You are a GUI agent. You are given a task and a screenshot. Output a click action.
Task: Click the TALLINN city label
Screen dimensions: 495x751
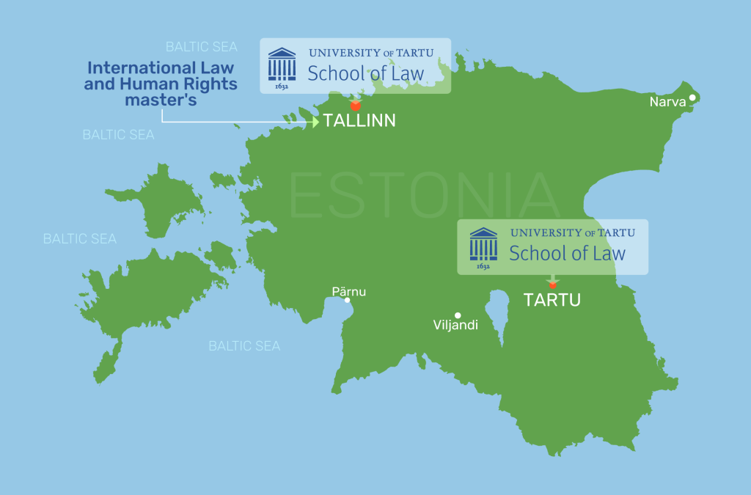(359, 121)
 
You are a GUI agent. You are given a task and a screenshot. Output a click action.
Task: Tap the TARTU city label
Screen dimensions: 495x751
(552, 300)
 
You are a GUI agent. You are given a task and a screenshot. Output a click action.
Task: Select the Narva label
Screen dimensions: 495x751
(667, 102)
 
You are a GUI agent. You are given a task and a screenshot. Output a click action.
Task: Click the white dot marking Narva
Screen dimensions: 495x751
(692, 97)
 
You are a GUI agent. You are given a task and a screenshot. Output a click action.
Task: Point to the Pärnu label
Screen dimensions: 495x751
(348, 291)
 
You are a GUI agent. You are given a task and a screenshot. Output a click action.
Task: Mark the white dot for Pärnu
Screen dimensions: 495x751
(347, 300)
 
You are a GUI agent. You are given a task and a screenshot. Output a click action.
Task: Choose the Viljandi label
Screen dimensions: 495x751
(455, 324)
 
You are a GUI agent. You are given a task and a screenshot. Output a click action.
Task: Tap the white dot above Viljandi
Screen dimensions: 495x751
(458, 315)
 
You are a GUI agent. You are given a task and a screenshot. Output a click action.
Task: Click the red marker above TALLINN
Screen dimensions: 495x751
(355, 106)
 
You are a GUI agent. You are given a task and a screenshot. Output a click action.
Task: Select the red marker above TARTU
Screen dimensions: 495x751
(553, 285)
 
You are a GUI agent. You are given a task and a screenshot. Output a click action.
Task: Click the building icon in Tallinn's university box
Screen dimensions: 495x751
(282, 65)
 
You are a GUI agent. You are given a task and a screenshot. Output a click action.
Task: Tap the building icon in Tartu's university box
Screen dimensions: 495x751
(483, 245)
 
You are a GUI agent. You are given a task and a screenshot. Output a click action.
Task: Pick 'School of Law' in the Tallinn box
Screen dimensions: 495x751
(366, 73)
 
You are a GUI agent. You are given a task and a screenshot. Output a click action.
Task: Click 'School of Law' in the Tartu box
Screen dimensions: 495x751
(567, 254)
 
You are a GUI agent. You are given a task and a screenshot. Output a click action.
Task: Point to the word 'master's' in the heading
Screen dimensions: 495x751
(161, 100)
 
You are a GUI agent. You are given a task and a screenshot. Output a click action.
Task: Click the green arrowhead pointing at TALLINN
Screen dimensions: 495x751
(315, 122)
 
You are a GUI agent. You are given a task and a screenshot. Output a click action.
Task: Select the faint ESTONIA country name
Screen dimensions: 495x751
(424, 195)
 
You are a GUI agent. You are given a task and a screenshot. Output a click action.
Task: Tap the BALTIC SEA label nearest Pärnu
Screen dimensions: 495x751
(244, 345)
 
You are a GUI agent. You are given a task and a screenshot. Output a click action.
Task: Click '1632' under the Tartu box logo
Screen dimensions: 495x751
(483, 267)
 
